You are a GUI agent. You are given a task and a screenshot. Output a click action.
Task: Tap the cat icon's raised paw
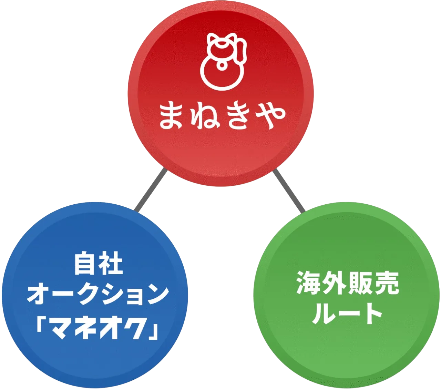click(243, 48)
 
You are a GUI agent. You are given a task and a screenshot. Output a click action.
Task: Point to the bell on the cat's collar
click(222, 64)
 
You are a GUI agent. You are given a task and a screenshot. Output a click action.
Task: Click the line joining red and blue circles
click(150, 191)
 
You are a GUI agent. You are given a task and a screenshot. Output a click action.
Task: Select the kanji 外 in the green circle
click(335, 283)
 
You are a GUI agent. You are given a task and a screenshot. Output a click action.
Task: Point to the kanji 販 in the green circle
click(360, 283)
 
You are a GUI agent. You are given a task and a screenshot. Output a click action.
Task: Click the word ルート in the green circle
click(347, 313)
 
